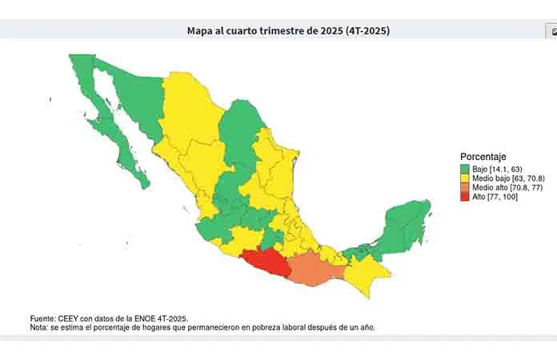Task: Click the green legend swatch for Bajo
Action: pyautogui.click(x=465, y=169)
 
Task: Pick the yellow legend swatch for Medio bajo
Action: pyautogui.click(x=465, y=178)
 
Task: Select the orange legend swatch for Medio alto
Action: pyautogui.click(x=465, y=187)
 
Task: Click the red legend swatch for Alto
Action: pyautogui.click(x=465, y=197)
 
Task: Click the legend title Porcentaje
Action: pyautogui.click(x=483, y=156)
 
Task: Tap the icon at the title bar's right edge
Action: pyautogui.click(x=551, y=32)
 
